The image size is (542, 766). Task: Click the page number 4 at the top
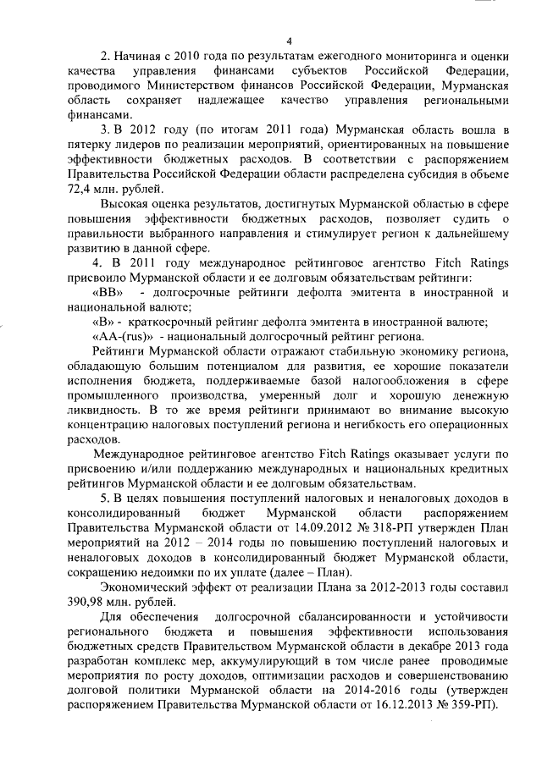click(x=289, y=41)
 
